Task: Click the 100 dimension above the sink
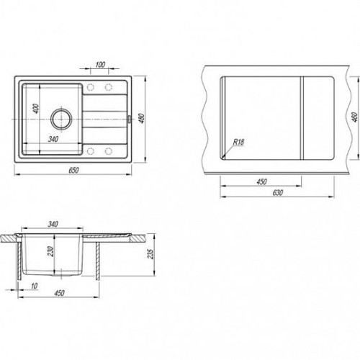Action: pos(100,65)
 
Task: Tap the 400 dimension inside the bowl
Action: pos(35,109)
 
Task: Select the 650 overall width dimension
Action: pos(73,170)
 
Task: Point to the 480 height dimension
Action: pos(142,118)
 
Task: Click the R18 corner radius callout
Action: pos(238,142)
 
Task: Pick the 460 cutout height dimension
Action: pos(355,117)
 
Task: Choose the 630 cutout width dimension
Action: pos(278,193)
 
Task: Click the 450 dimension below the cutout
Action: pos(261,181)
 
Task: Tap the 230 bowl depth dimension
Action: pos(51,251)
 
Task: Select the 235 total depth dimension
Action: pos(150,254)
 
